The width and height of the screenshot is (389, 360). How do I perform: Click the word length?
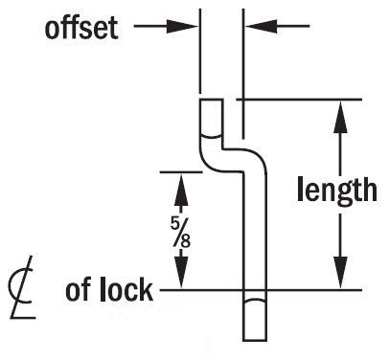tap(336, 191)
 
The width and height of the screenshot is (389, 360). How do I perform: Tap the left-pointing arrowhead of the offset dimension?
tap(254, 27)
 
